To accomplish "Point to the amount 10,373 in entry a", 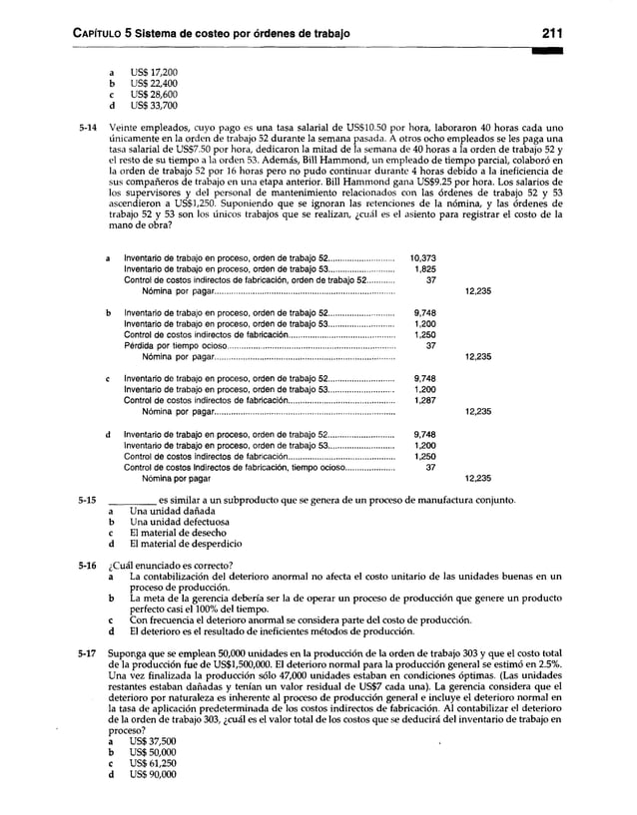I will pos(423,258).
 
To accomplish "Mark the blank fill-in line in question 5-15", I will pos(131,499).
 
